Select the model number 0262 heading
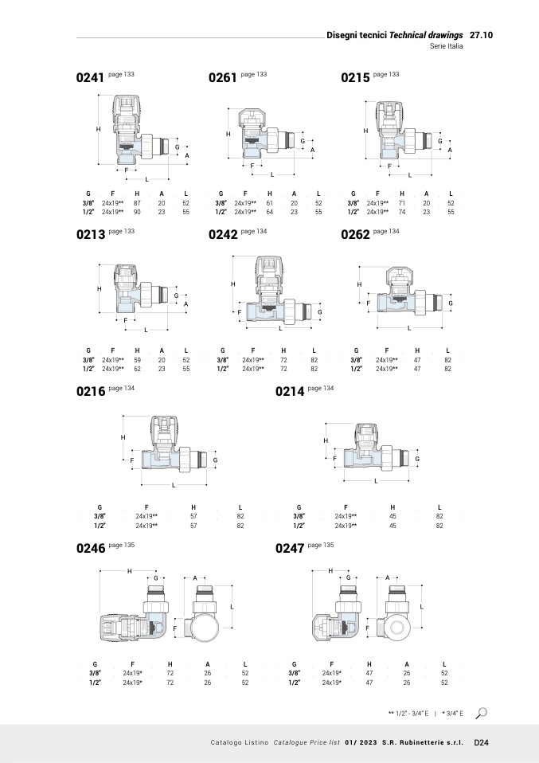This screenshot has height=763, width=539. point(355,235)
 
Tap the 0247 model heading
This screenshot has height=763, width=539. point(289,549)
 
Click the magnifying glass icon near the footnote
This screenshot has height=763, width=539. point(481,712)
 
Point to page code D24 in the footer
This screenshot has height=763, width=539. point(481,742)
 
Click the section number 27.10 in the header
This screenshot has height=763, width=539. point(482,36)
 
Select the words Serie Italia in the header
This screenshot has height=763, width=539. point(446,47)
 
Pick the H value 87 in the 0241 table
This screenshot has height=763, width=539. point(137,203)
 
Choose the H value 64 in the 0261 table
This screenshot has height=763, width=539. point(270,213)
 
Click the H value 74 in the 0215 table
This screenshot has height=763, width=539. point(402,213)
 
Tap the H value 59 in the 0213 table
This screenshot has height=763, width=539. point(137,360)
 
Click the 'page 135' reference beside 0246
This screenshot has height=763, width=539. point(121,545)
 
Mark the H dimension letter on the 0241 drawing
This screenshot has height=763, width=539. point(98,129)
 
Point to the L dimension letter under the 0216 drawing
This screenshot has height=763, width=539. point(174,485)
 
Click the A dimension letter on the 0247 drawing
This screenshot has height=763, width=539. point(387,577)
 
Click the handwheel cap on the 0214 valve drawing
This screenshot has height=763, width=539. point(367,434)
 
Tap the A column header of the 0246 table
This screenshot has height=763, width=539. point(207,664)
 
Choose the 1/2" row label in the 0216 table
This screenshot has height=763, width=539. point(100,526)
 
